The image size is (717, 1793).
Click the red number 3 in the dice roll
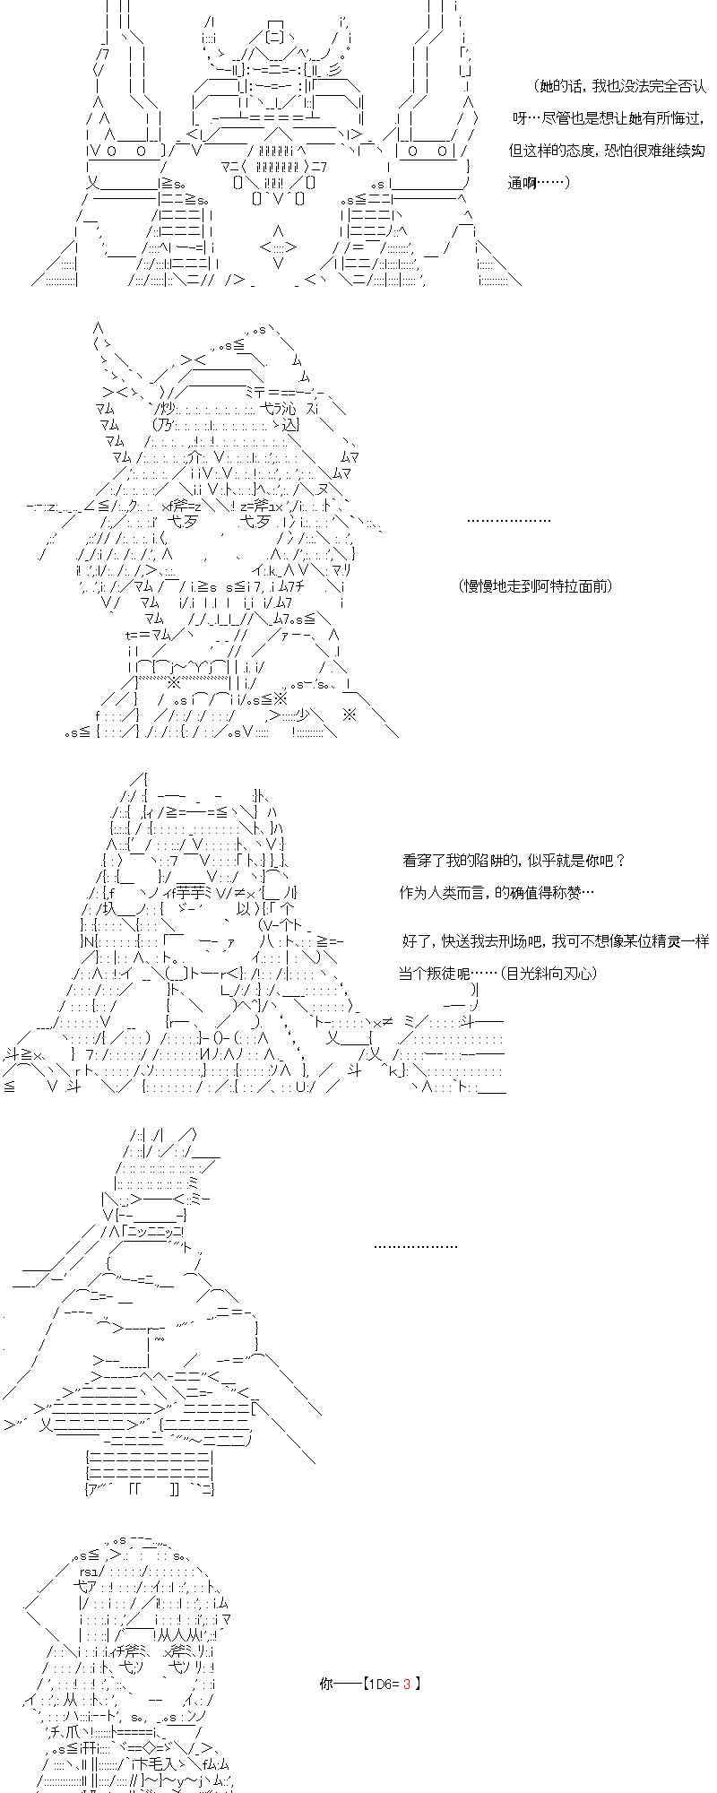pyautogui.click(x=406, y=1683)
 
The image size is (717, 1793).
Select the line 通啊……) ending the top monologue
pyautogui.click(x=539, y=183)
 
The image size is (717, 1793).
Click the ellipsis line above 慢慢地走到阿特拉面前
pyautogui.click(x=508, y=520)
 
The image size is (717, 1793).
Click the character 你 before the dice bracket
pyautogui.click(x=326, y=1683)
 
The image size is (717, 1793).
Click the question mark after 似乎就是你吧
pyautogui.click(x=620, y=860)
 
